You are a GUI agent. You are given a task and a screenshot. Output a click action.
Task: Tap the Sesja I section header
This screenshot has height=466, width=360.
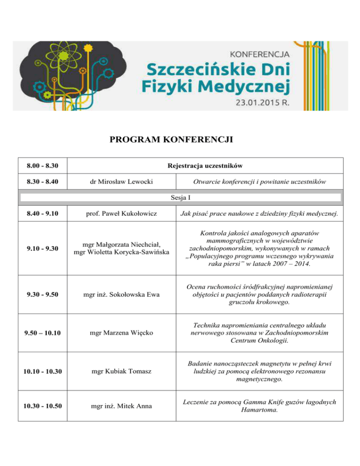click(180, 197)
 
